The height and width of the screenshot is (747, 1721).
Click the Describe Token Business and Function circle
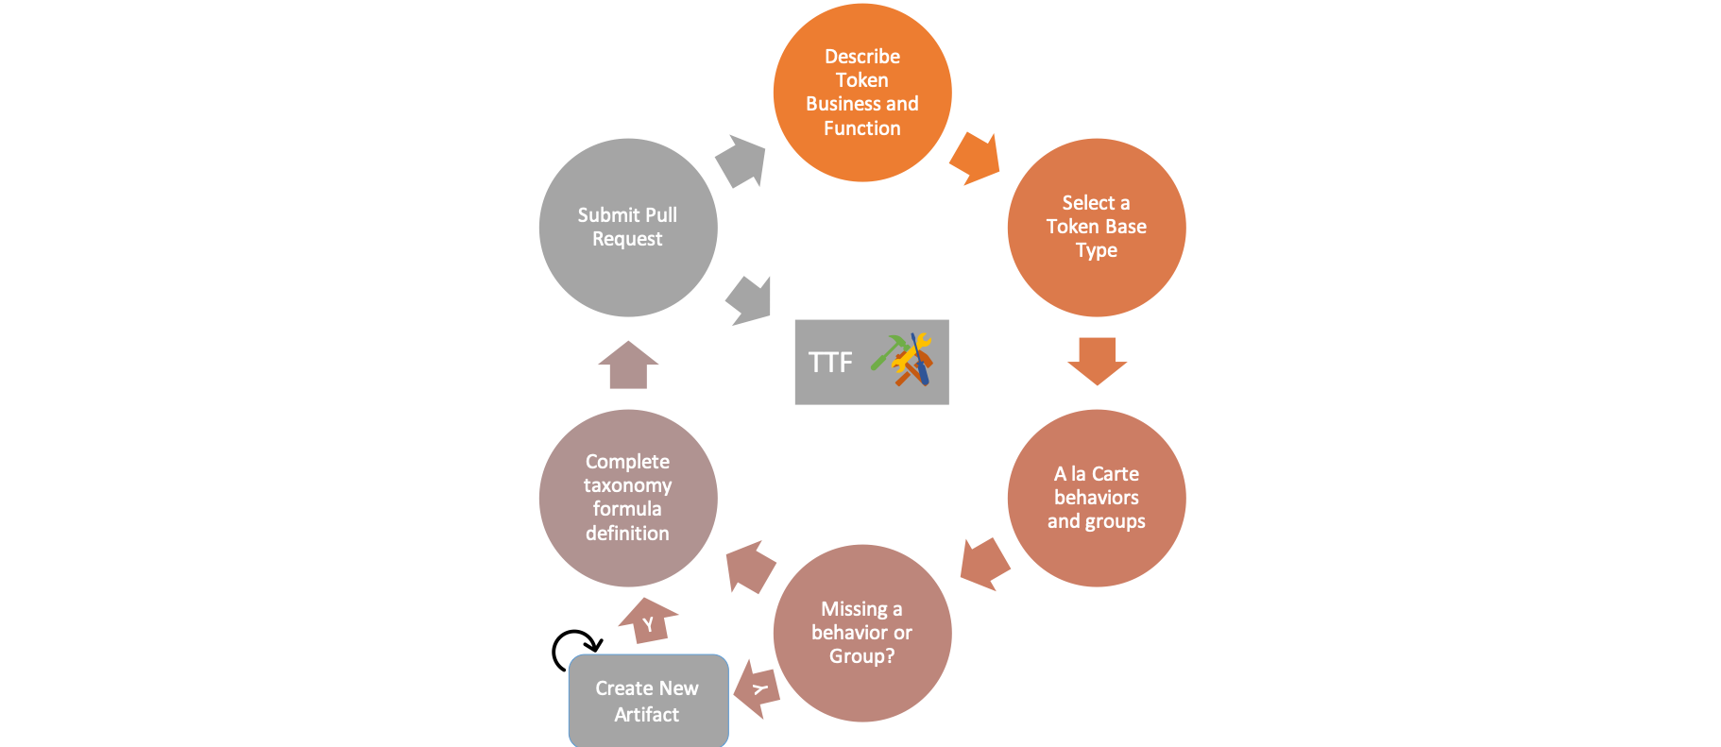click(x=861, y=92)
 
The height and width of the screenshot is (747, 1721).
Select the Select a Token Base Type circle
click(x=1096, y=227)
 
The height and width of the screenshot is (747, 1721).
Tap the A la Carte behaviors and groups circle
click(x=1096, y=498)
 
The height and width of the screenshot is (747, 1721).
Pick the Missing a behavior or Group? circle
click(x=861, y=633)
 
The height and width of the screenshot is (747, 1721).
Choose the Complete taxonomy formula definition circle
click(x=627, y=498)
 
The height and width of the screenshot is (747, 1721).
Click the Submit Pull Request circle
click(x=627, y=227)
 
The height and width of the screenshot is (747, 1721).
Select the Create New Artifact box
click(x=648, y=701)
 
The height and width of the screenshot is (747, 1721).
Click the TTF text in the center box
click(x=830, y=363)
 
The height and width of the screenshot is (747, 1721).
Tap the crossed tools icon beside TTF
click(x=903, y=360)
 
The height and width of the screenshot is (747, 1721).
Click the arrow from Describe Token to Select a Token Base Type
click(x=976, y=159)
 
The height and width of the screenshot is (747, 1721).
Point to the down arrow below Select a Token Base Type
click(x=1097, y=360)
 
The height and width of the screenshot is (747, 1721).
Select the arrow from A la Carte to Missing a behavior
click(x=984, y=564)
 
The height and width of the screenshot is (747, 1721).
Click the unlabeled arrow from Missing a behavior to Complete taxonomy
click(x=750, y=566)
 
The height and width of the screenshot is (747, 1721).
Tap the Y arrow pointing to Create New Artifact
click(x=758, y=688)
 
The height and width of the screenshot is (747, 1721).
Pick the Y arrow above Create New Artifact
click(x=649, y=620)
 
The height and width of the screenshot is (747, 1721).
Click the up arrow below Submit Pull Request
click(x=628, y=365)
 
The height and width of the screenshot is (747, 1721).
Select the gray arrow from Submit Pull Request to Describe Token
click(x=741, y=161)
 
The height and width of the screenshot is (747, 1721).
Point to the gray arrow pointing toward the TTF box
click(x=749, y=301)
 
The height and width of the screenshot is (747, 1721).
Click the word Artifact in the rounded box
click(x=646, y=715)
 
